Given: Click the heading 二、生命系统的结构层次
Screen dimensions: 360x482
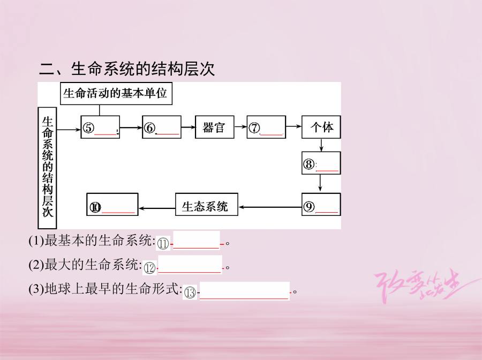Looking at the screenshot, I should [127, 69].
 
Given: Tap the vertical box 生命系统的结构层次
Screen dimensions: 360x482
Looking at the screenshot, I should [48, 167].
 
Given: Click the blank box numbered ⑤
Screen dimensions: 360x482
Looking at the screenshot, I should [100, 127].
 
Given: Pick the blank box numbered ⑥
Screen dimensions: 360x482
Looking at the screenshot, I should [161, 127].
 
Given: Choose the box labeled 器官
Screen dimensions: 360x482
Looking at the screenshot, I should [214, 127].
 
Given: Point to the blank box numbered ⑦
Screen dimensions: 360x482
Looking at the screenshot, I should [266, 127].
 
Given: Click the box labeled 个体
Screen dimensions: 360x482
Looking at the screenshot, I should [321, 127].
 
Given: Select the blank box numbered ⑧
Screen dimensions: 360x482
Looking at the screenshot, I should [321, 163].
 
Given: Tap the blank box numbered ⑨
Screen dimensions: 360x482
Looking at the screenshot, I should [321, 204].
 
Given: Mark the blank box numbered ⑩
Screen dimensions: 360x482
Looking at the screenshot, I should [112, 205].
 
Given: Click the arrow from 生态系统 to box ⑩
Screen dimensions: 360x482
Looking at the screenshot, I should [157, 208].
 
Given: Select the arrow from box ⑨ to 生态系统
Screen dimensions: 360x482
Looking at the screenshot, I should [270, 206].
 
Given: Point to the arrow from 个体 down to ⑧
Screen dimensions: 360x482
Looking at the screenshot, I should [321, 145].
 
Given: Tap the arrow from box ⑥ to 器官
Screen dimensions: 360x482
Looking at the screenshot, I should [188, 127].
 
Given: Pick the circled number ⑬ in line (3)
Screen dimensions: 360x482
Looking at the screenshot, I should [190, 292].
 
